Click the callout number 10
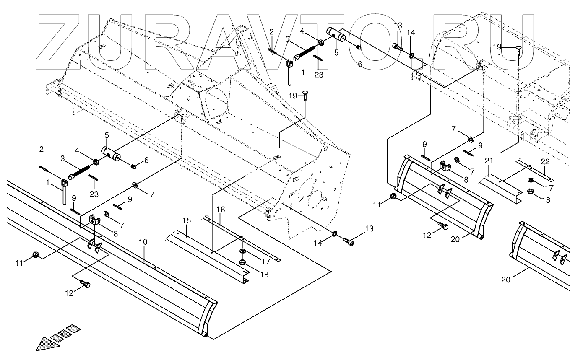(143, 242)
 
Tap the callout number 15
(187, 220)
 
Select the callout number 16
(221, 209)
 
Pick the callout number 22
(544, 161)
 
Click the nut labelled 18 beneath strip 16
(243, 263)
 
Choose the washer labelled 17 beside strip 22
(531, 180)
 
